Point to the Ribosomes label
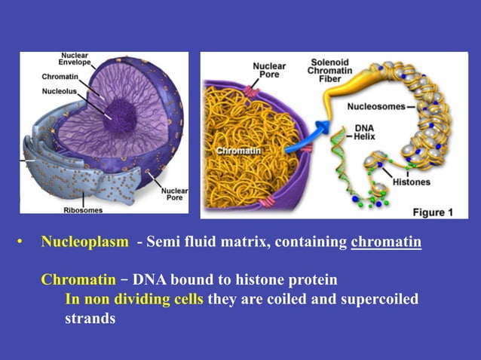pyautogui.click(x=82, y=210)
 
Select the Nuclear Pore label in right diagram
pyautogui.click(x=269, y=71)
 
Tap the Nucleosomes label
pyautogui.click(x=378, y=106)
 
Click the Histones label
pyautogui.click(x=411, y=182)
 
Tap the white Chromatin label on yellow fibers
pyautogui.click(x=237, y=151)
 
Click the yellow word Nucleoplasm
pyautogui.click(x=84, y=243)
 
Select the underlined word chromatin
pyautogui.click(x=386, y=243)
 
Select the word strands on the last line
pyautogui.click(x=90, y=319)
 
